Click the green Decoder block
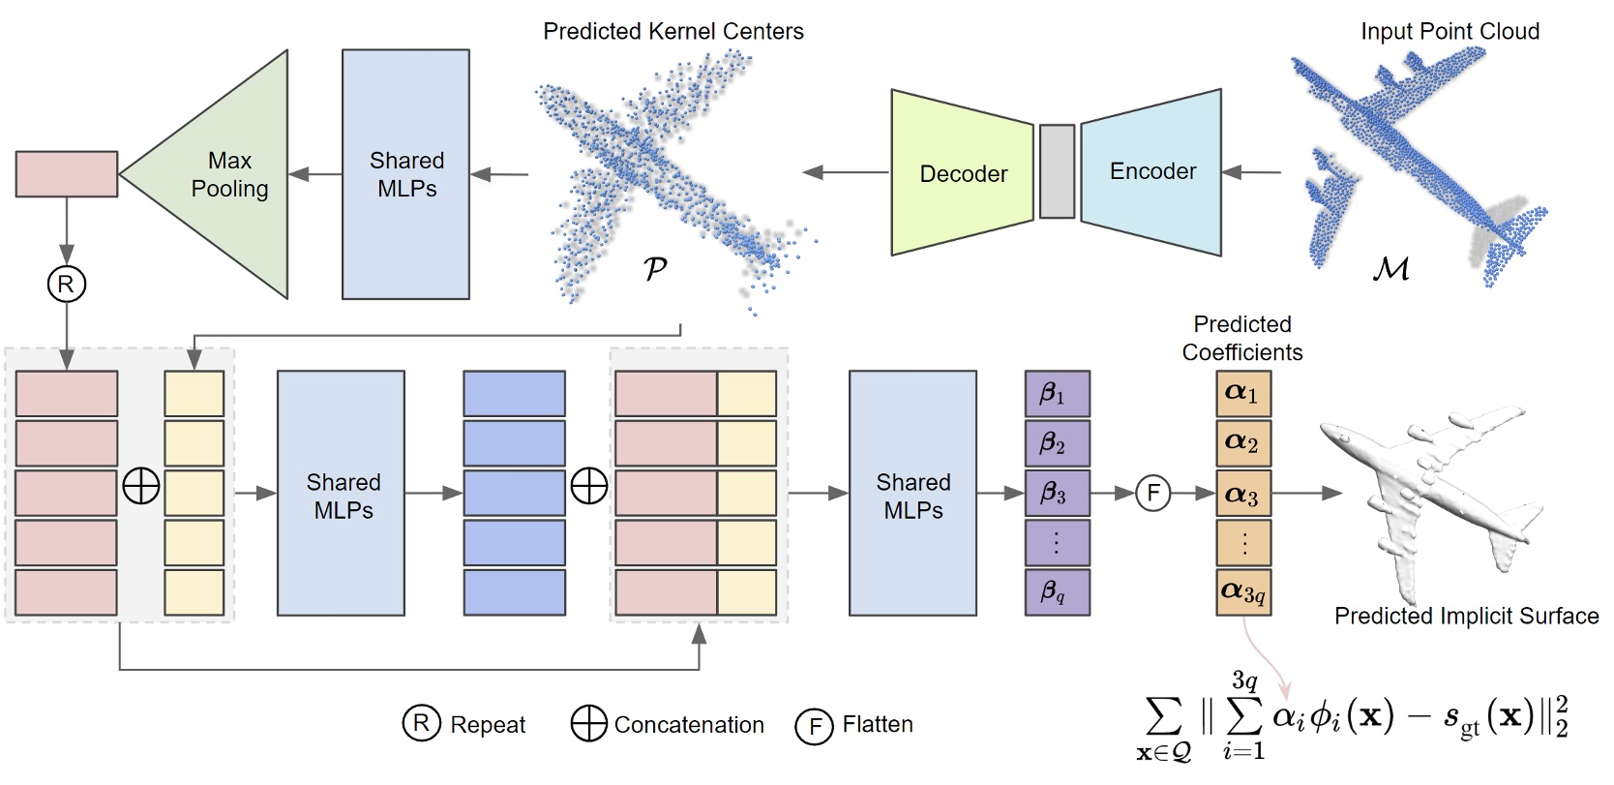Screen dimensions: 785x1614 [x=962, y=173]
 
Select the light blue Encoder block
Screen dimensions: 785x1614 [x=1151, y=171]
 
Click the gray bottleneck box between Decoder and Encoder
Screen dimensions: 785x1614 [x=1057, y=171]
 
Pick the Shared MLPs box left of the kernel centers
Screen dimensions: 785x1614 [x=405, y=174]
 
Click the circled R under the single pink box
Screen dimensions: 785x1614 [x=66, y=284]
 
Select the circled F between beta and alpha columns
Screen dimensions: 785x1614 [x=1152, y=493]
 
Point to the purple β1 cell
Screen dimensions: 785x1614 [x=1057, y=394]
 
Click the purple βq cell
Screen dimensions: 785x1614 [x=1057, y=591]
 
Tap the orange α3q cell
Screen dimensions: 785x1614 [x=1242, y=591]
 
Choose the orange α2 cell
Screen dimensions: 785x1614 [x=1242, y=442]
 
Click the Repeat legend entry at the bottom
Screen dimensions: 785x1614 [x=464, y=724]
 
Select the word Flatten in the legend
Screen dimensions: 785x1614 [x=877, y=724]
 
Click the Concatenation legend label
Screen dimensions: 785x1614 [x=688, y=724]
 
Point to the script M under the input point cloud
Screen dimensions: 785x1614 [x=1390, y=268]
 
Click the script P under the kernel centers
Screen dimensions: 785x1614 [x=655, y=268]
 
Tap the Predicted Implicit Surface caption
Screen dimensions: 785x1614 [x=1465, y=616]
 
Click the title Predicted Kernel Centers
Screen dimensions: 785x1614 [x=672, y=31]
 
